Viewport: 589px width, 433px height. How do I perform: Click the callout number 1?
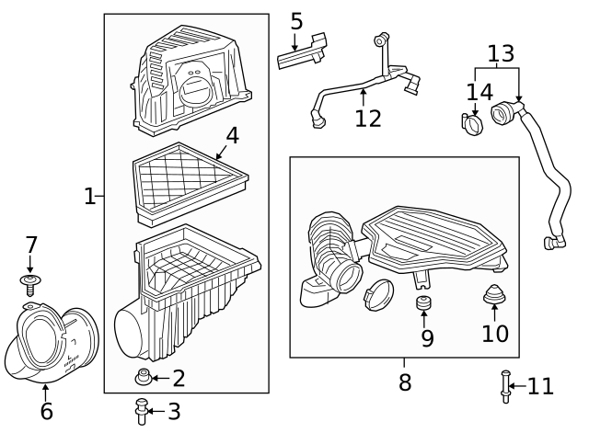click(x=89, y=196)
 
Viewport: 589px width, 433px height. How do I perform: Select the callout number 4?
click(x=232, y=135)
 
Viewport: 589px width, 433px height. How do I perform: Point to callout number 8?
click(x=405, y=382)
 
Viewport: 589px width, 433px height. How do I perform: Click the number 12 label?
click(x=367, y=119)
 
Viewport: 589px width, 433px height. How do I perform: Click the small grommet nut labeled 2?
click(x=142, y=377)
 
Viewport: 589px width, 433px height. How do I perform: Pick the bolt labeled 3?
click(x=141, y=411)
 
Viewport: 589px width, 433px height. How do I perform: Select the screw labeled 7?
click(x=30, y=283)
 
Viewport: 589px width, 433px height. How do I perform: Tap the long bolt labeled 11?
click(x=505, y=385)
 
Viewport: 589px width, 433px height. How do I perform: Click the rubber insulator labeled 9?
click(x=425, y=303)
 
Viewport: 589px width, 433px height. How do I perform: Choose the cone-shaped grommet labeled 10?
click(x=494, y=297)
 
